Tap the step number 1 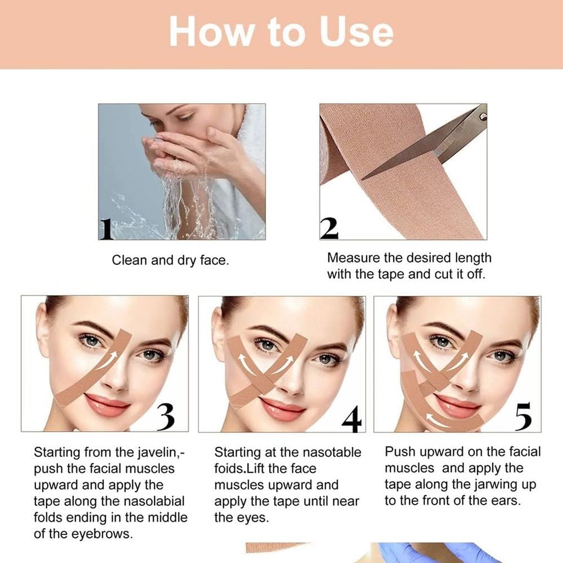[x=106, y=229]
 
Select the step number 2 [x=329, y=228]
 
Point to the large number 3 [x=165, y=417]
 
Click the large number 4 [x=351, y=418]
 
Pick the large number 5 [x=523, y=417]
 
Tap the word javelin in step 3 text [x=158, y=452]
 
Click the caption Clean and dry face [x=170, y=260]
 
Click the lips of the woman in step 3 [x=106, y=404]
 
